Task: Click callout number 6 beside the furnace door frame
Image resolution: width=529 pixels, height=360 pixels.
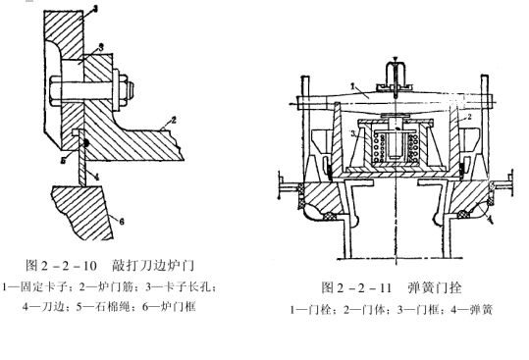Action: (x=122, y=221)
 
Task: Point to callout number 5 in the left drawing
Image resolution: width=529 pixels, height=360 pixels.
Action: (x=64, y=161)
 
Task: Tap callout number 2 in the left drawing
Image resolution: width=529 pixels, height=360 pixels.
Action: (x=174, y=120)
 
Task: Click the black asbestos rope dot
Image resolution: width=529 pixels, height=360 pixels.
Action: (x=86, y=143)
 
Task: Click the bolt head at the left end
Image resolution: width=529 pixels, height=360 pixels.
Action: (x=56, y=89)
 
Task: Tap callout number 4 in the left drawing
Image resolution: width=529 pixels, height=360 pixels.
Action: (x=96, y=177)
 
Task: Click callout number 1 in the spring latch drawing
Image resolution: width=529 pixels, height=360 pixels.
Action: (x=352, y=86)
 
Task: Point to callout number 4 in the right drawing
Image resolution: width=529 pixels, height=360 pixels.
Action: (x=491, y=220)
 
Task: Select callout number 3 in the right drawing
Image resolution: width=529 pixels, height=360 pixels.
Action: (x=353, y=133)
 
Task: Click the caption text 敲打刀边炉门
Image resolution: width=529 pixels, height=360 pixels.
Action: (x=153, y=266)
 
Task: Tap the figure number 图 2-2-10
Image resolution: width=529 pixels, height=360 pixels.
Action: (x=61, y=266)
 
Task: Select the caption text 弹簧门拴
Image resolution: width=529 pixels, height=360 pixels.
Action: (x=435, y=287)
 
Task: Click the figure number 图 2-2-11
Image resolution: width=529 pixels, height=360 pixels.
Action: (x=356, y=287)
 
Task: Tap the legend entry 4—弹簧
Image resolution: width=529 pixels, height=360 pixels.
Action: (x=472, y=309)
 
